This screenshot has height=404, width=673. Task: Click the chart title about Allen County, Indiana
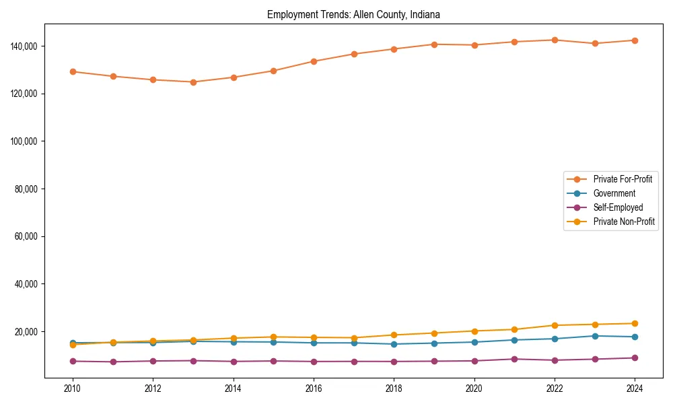tap(353, 14)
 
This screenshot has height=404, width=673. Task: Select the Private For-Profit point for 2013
tap(193, 82)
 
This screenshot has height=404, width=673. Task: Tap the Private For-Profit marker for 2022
tap(555, 40)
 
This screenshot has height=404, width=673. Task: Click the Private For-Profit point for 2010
tap(73, 71)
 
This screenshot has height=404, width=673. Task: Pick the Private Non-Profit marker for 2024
tap(635, 324)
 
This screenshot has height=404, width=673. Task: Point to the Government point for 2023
tap(595, 336)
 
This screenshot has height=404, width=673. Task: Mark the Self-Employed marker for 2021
tap(514, 359)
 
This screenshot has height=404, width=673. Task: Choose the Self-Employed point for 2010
tap(73, 361)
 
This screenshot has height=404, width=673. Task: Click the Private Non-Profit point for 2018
tap(394, 335)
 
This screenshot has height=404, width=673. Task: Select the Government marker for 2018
tap(394, 344)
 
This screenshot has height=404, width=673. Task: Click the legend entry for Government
tap(614, 193)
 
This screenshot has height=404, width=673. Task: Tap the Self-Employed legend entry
tap(618, 207)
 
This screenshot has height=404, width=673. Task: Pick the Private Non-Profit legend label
tap(624, 222)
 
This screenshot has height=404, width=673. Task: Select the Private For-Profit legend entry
tap(623, 179)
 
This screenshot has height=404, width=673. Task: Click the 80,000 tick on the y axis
tap(25, 189)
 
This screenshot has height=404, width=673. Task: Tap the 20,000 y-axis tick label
tap(25, 332)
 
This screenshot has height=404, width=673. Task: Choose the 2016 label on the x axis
tap(314, 389)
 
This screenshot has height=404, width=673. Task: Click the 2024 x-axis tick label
tap(635, 389)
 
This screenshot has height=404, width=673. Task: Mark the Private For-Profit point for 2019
tap(434, 44)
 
